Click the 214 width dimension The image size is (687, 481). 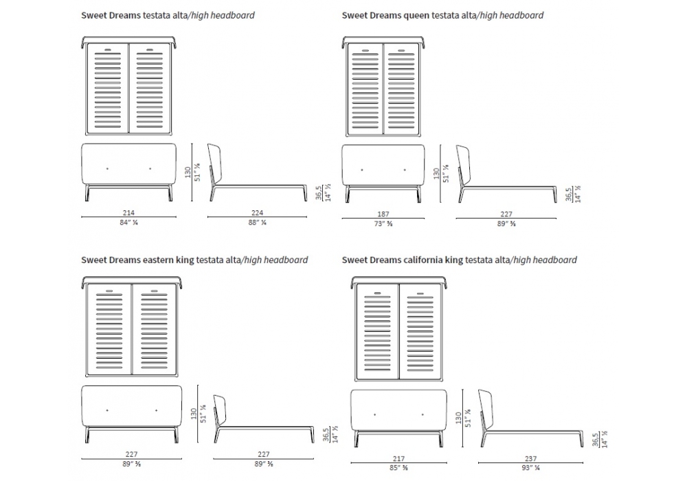coord(128,213)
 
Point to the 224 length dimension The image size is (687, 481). coord(257,213)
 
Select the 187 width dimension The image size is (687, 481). coord(384,214)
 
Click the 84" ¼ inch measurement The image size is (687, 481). coord(128,222)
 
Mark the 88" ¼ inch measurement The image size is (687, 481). coord(257,222)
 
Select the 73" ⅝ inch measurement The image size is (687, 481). coord(384,223)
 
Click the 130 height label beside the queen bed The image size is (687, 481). coord(436,175)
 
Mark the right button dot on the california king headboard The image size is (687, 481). coord(423,414)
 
